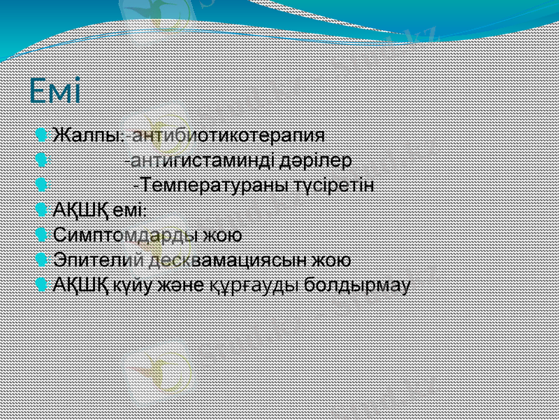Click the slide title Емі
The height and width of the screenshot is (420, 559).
(x=55, y=90)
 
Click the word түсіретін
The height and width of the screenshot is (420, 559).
(x=335, y=185)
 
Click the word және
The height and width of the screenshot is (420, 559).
(x=183, y=286)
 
